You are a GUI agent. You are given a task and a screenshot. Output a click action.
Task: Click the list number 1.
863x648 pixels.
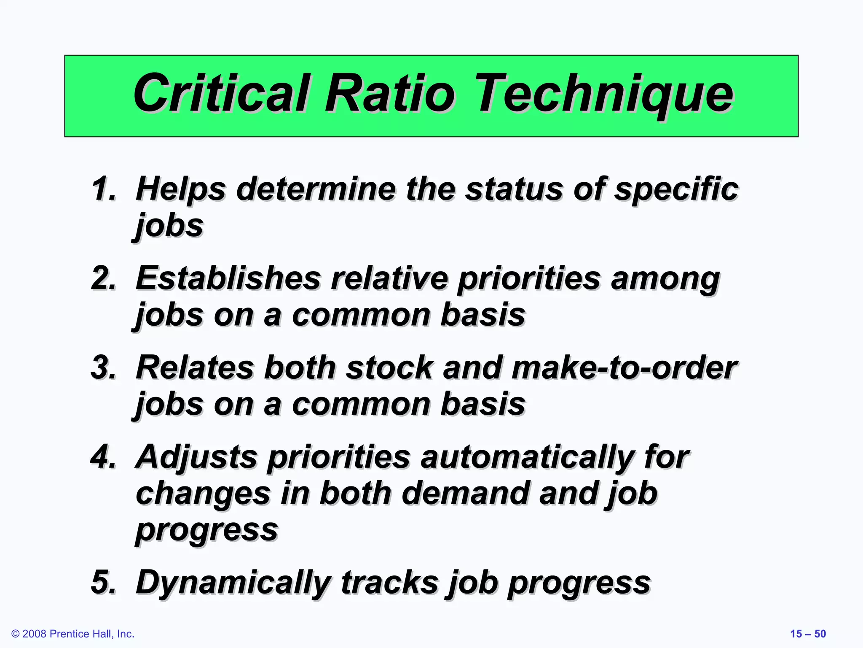pyautogui.click(x=104, y=189)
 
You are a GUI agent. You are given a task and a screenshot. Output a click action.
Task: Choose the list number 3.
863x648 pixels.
pyautogui.click(x=104, y=367)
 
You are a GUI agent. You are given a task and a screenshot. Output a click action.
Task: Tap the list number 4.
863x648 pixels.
pyautogui.click(x=104, y=456)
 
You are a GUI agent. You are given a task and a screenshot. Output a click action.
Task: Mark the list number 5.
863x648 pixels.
pyautogui.click(x=104, y=582)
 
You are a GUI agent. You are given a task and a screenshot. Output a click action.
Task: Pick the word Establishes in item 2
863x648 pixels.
pyautogui.click(x=228, y=278)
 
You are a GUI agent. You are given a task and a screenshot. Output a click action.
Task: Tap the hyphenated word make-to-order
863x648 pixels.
pyautogui.click(x=624, y=368)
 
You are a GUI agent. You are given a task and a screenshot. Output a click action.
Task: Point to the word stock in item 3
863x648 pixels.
pyautogui.click(x=390, y=368)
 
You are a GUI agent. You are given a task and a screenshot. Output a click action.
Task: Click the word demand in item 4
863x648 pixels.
pyautogui.click(x=466, y=494)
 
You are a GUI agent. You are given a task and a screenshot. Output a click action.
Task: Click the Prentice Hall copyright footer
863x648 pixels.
pyautogui.click(x=73, y=634)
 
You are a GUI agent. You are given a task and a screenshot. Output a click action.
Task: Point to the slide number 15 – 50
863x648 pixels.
pyautogui.click(x=808, y=634)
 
